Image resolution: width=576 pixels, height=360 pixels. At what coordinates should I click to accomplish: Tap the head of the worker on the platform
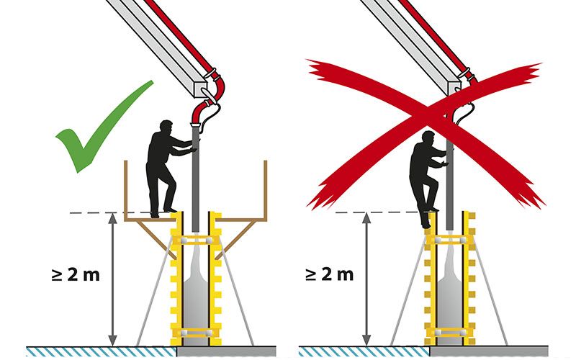pyautogui.click(x=166, y=127)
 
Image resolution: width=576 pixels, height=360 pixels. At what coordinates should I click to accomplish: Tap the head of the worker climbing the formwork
pyautogui.click(x=428, y=138)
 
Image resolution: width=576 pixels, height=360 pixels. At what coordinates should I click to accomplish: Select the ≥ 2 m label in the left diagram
pyautogui.click(x=76, y=274)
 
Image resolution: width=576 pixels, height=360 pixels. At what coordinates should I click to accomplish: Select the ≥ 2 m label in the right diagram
pyautogui.click(x=330, y=274)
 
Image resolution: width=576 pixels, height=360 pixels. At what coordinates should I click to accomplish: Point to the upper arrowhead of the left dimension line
pyautogui.click(x=113, y=218)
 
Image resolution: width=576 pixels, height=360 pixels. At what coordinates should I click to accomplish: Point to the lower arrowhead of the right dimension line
pyautogui.click(x=366, y=340)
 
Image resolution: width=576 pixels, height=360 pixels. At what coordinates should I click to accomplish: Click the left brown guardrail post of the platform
pyautogui.click(x=125, y=190)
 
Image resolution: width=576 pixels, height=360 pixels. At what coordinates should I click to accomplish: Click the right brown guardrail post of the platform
pyautogui.click(x=265, y=190)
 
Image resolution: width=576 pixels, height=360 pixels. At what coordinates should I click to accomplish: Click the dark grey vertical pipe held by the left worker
pyautogui.click(x=195, y=177)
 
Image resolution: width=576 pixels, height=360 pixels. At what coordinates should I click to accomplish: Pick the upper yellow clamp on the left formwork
pyautogui.click(x=195, y=240)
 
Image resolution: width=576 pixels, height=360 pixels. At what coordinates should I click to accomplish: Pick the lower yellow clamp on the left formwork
pyautogui.click(x=195, y=333)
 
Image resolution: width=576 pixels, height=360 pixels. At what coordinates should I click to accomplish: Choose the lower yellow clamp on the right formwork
pyautogui.click(x=449, y=333)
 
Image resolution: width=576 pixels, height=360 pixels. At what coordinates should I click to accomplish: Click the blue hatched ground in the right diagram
pyautogui.click(x=364, y=352)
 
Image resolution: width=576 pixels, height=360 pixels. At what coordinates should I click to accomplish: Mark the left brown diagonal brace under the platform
pyautogui.click(x=156, y=240)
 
